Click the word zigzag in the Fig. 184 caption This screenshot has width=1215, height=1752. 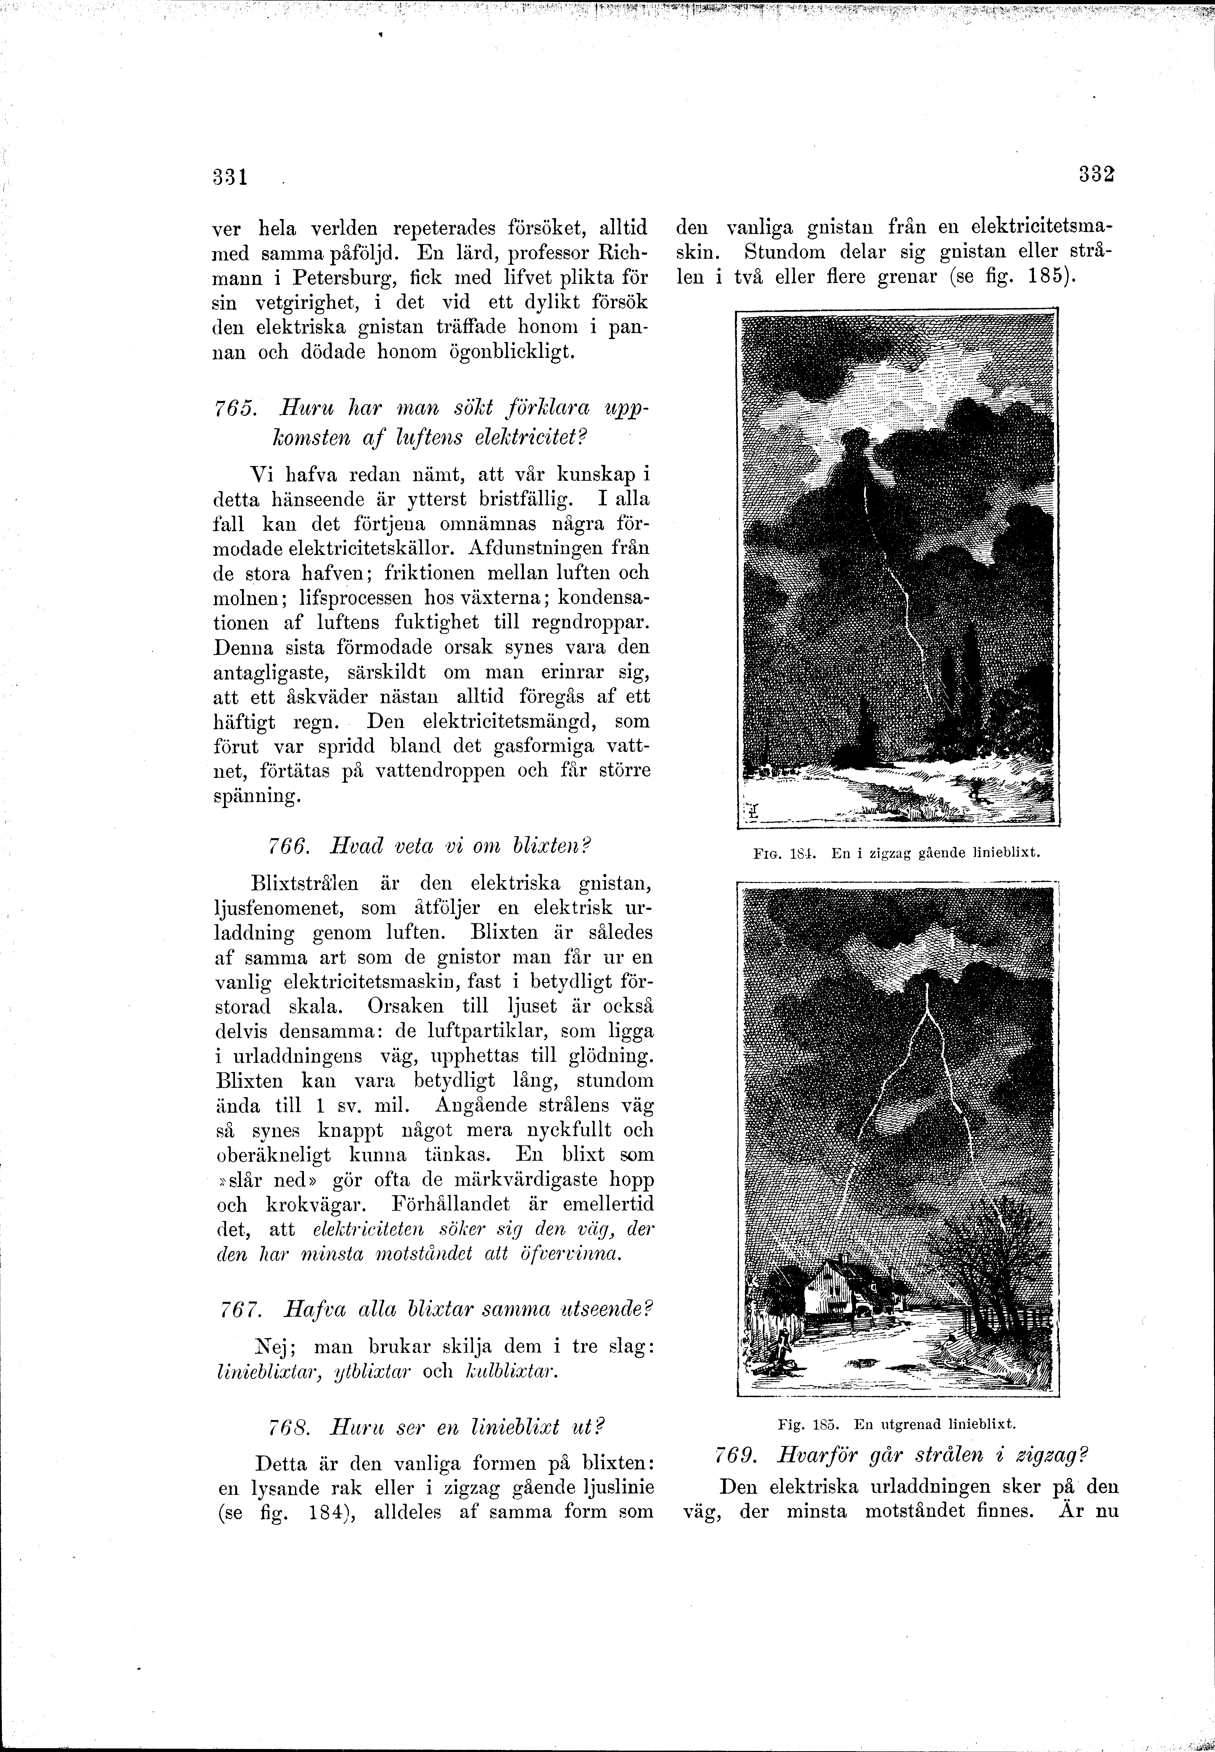pos(891,853)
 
